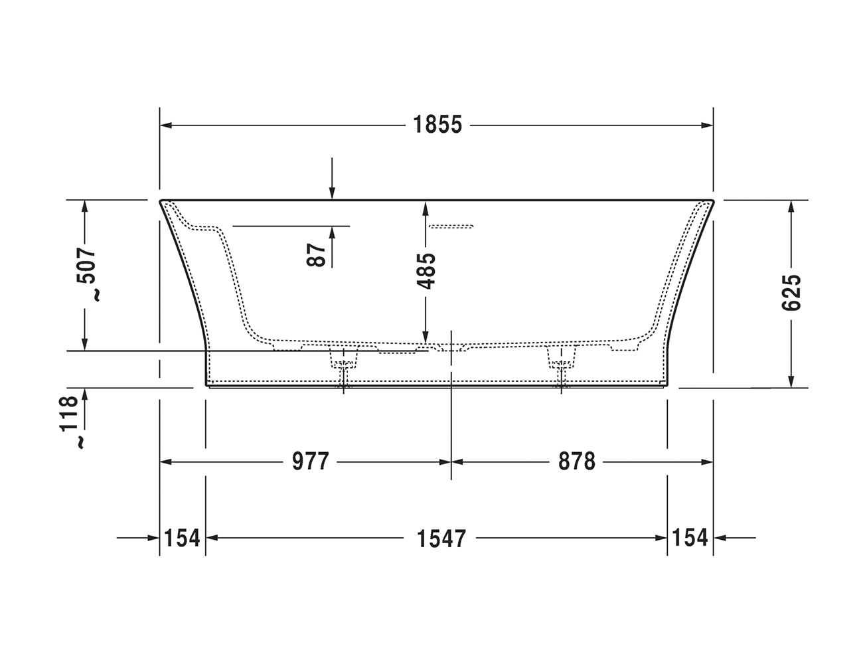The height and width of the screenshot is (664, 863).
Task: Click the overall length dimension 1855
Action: (437, 125)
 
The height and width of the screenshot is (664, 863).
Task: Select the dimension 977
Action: (310, 461)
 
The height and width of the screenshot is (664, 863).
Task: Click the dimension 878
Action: (576, 461)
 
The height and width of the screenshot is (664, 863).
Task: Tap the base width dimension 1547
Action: (441, 538)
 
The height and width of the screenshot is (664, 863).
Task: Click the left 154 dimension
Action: (182, 537)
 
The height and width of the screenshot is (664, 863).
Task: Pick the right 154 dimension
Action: (690, 537)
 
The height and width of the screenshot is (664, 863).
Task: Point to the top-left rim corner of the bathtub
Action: (161, 201)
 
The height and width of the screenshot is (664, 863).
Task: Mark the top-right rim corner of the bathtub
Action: (712, 201)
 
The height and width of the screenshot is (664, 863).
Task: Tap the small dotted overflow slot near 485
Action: (450, 227)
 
